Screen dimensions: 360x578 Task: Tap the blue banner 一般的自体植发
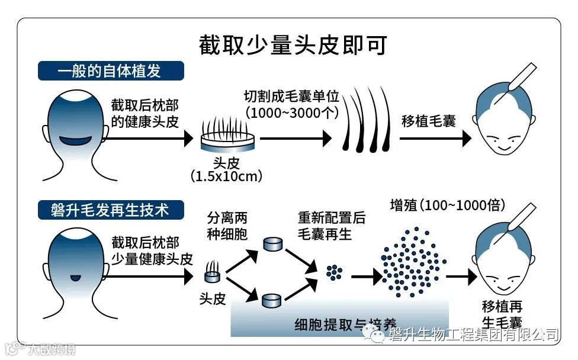110,71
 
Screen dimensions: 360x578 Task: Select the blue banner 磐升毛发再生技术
110,210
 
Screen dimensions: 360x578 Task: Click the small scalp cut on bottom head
75,277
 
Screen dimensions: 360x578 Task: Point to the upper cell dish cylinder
272,244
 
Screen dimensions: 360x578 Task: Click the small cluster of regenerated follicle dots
335,272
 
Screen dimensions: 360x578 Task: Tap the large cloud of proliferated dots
413,261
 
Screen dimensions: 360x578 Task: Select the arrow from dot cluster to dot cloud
366,276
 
